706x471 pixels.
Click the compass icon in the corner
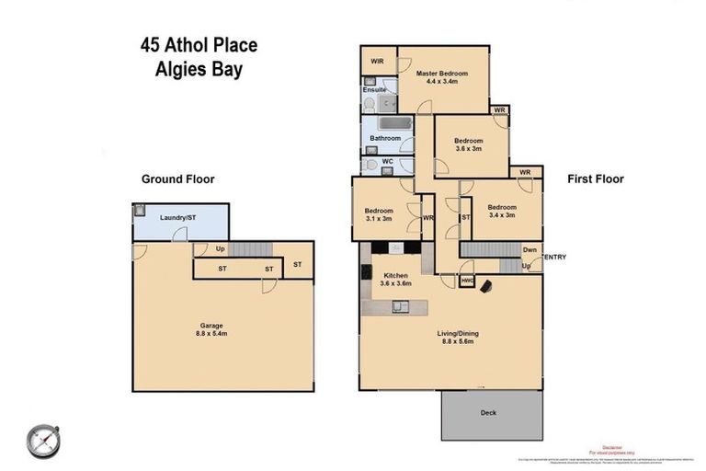point(43,440)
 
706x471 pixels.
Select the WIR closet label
point(377,62)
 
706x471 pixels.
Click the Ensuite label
point(374,90)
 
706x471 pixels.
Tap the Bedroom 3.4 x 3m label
point(502,212)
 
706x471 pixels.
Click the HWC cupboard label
point(468,281)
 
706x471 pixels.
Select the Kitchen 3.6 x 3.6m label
point(396,280)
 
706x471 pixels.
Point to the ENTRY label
point(555,257)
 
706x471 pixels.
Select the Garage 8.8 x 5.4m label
point(212,330)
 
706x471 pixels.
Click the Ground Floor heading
point(177,179)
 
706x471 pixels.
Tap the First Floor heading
point(596,179)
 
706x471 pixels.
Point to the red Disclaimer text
point(613,444)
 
